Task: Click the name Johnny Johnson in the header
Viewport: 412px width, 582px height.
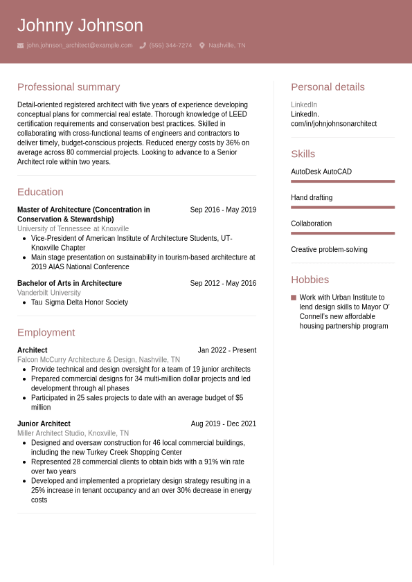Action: point(80,26)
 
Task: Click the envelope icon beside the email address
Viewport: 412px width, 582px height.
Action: point(21,46)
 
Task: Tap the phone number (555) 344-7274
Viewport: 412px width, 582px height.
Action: point(170,46)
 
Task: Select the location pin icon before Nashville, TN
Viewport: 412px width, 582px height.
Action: point(202,46)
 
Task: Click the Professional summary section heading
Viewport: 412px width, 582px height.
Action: point(69,87)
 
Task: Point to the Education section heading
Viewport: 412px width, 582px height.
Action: point(40,192)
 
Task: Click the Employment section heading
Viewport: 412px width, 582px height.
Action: point(46,332)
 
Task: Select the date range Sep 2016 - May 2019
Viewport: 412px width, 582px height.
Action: point(223,210)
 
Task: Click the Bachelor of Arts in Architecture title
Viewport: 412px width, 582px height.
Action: point(69,283)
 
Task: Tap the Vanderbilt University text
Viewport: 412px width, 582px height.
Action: point(49,293)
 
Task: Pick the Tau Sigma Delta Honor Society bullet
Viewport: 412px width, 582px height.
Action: point(80,302)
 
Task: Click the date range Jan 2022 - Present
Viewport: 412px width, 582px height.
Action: point(226,350)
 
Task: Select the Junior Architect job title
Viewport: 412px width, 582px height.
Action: point(44,424)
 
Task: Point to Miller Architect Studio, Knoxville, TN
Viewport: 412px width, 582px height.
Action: point(73,433)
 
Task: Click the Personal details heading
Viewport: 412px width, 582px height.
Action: point(328,87)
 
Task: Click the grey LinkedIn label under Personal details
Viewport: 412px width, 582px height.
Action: point(304,104)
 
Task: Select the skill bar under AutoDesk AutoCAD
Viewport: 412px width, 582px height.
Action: point(342,181)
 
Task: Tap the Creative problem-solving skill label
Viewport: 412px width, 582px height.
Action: point(329,250)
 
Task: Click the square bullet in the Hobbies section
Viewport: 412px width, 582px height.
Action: point(294,298)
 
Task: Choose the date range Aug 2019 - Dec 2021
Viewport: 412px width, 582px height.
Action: point(224,424)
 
